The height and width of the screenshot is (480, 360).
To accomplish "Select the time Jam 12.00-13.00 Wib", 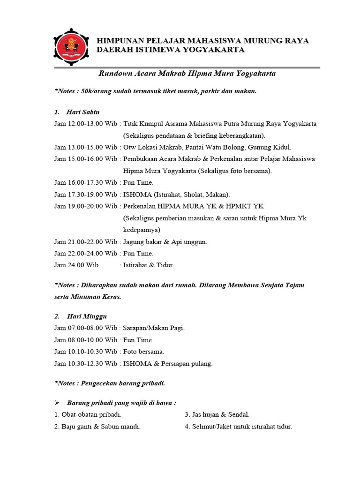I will (85, 124).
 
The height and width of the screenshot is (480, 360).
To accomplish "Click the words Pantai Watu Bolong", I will (217, 147).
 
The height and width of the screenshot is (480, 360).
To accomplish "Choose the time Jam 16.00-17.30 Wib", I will (85, 182).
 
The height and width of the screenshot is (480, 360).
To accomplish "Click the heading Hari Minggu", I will (85, 317).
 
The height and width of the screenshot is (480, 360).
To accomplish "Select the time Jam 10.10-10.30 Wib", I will (85, 352).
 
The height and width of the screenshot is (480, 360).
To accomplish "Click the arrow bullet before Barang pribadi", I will (58, 403).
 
